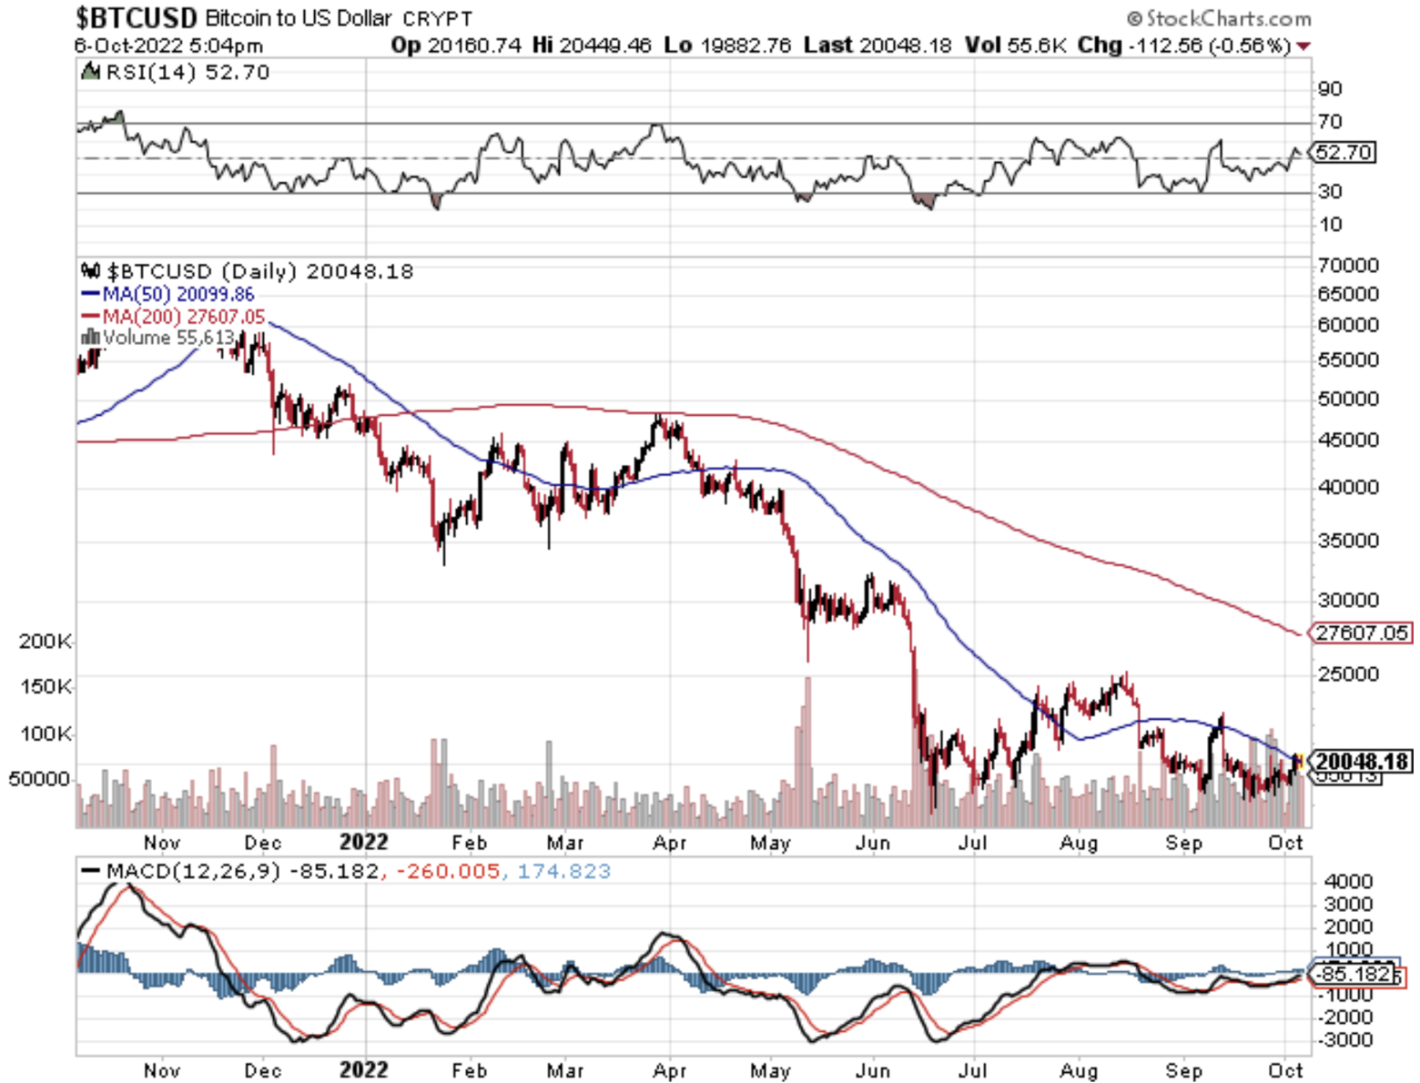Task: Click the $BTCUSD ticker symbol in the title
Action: [137, 17]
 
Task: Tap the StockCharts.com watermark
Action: [1220, 18]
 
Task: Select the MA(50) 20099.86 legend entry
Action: [168, 294]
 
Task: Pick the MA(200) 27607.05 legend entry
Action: [174, 317]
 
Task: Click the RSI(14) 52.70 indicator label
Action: [177, 72]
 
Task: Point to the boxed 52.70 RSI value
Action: [1344, 152]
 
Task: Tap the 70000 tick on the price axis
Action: [1347, 265]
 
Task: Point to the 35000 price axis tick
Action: [1347, 541]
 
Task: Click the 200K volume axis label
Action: [45, 642]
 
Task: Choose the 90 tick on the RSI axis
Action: [1330, 89]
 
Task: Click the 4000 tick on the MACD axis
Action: [1348, 881]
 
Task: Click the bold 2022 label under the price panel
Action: [363, 842]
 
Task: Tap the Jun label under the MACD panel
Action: [872, 1070]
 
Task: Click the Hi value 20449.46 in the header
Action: [604, 46]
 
